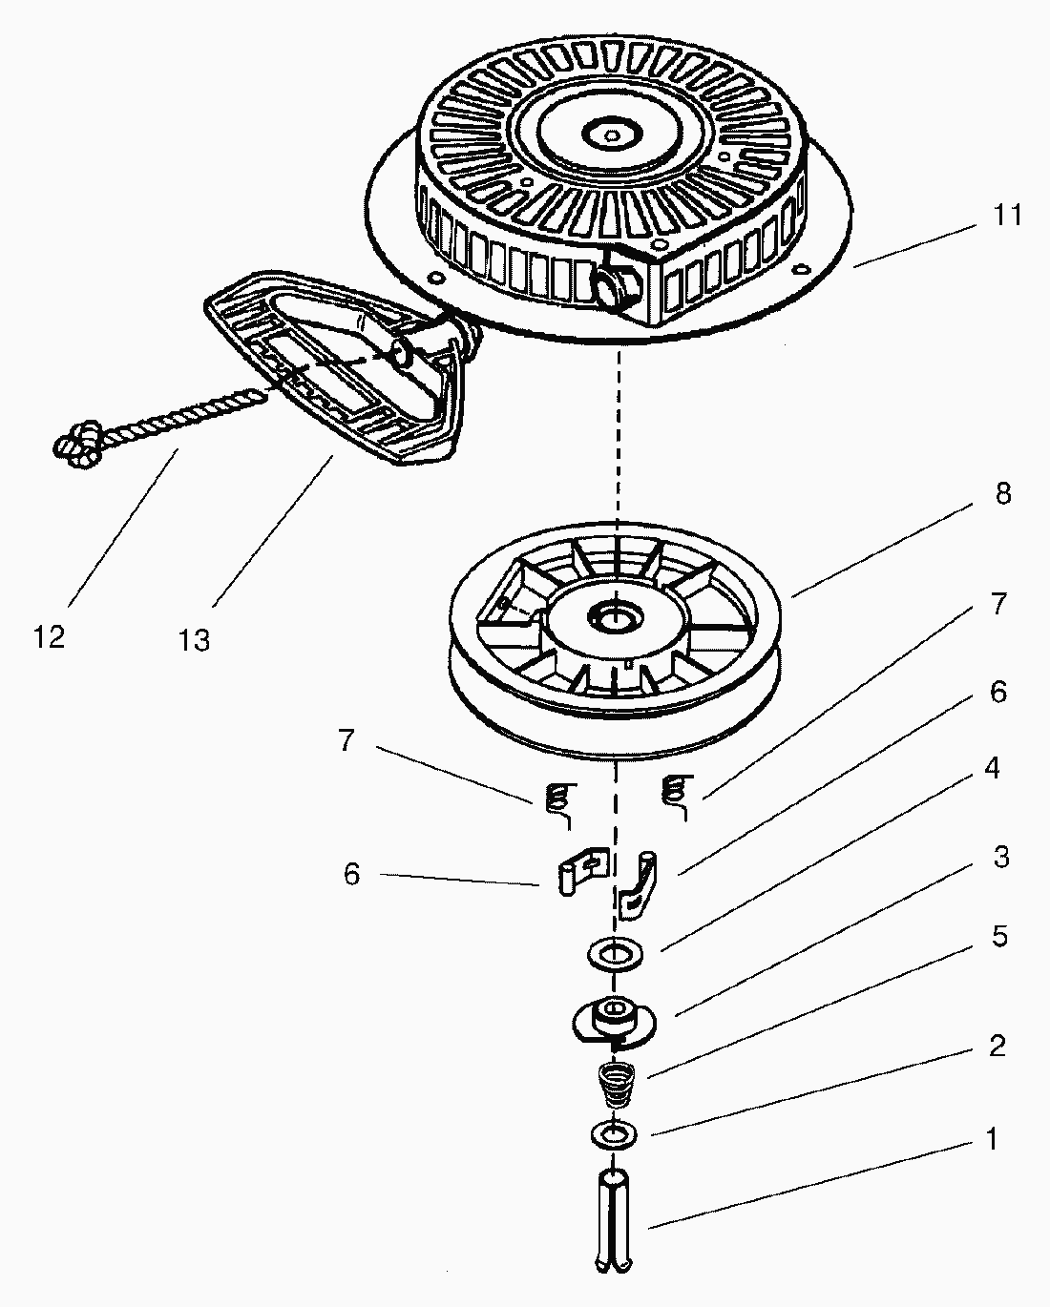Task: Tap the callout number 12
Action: point(49,636)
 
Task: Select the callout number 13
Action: point(194,640)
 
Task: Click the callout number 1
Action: point(992,1139)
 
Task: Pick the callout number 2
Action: point(997,1047)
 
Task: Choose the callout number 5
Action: point(998,937)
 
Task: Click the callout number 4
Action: point(993,768)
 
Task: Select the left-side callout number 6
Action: point(351,874)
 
